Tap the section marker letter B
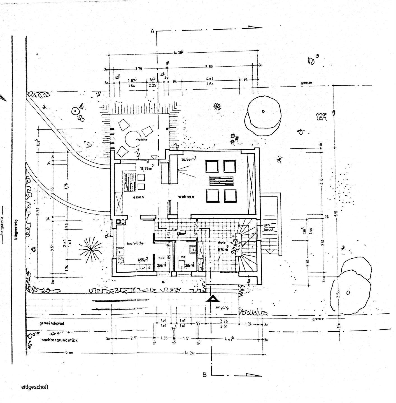coord(205,374)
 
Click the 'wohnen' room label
coord(186,196)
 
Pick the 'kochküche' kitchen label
coord(135,243)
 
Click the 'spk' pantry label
coord(161,258)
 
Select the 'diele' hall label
coord(222,243)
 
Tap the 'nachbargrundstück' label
coord(59,340)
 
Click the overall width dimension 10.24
coord(189,353)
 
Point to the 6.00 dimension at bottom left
coord(69,353)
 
